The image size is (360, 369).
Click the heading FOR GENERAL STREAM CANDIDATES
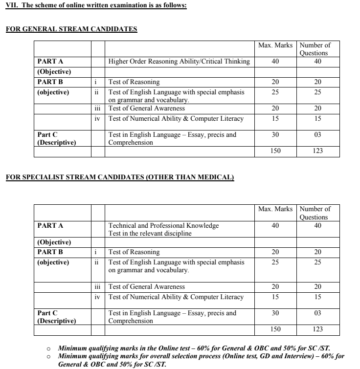[71, 29]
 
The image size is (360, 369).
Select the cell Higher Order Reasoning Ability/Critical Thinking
[179, 62]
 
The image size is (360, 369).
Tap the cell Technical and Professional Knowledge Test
[163, 229]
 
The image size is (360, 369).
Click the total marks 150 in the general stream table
[275, 151]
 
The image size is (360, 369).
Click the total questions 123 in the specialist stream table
[317, 329]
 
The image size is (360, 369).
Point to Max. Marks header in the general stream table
[275, 45]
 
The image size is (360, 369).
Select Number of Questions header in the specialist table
[315, 213]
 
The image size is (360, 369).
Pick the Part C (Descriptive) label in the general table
[56, 138]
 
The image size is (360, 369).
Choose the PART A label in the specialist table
[50, 226]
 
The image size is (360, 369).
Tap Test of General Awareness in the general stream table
[146, 109]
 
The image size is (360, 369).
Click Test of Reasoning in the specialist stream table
[134, 252]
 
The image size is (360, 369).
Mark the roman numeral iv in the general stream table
[97, 119]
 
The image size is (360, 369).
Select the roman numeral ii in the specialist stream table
[96, 262]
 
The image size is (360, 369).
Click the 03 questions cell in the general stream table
[317, 135]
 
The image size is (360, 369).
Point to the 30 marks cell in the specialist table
[275, 313]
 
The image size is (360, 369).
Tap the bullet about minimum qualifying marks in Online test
[194, 348]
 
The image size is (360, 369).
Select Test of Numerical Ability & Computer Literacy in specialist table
[176, 297]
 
